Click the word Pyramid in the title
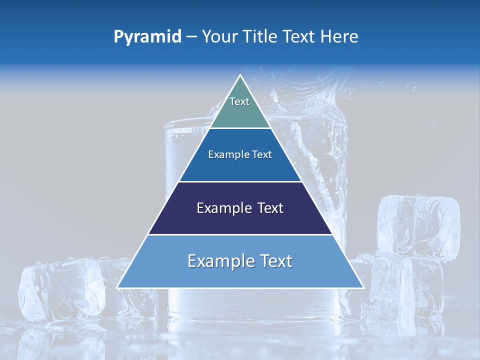point(147,37)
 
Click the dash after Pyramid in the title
point(191,37)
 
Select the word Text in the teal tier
point(239,101)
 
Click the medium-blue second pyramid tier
point(240,167)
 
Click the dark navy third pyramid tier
point(240,220)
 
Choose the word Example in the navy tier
point(224,208)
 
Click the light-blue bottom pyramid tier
point(240,275)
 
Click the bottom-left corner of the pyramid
point(118,287)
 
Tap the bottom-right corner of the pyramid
point(362,287)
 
